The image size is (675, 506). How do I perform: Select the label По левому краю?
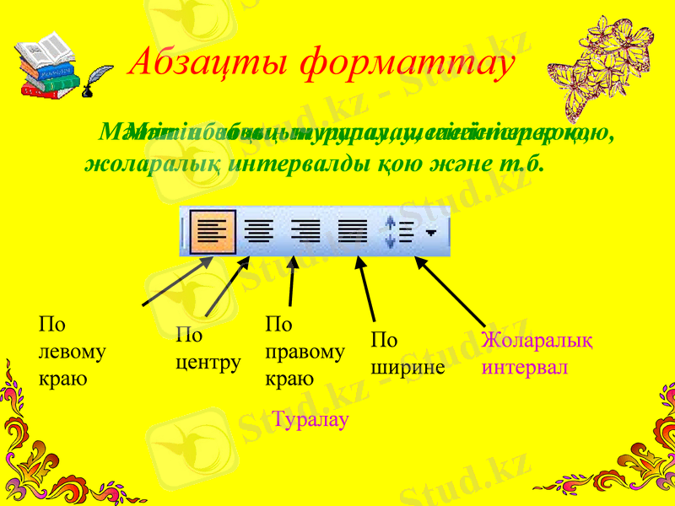(x=73, y=351)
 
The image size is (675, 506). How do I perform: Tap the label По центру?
(x=208, y=350)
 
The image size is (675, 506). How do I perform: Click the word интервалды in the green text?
(x=291, y=163)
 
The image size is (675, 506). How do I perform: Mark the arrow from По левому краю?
(x=177, y=282)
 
